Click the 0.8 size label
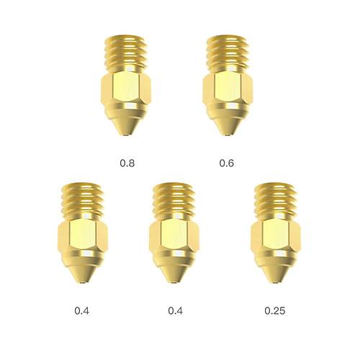point(127,163)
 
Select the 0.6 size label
point(227,163)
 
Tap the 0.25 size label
point(274,311)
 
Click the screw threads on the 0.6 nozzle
point(226,51)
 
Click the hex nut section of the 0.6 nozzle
point(226,91)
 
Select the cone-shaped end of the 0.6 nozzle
point(227,122)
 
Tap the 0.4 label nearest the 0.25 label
point(175,311)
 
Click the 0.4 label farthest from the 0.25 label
point(81,311)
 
